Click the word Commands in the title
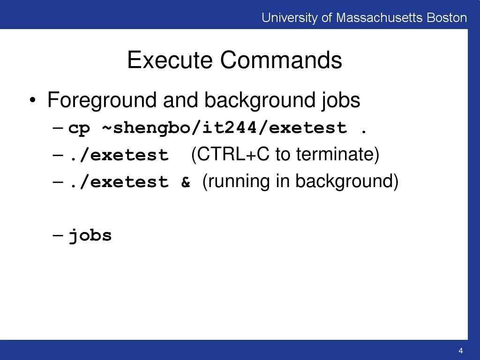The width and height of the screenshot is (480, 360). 281,60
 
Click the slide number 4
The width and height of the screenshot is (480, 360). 461,351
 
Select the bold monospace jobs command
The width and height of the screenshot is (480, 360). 90,235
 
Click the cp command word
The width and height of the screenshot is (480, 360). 79,128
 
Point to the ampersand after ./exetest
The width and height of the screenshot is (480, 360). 186,182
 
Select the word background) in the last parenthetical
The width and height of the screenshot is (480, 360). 346,181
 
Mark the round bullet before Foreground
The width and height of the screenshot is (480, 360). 32,101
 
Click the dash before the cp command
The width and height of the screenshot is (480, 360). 58,128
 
